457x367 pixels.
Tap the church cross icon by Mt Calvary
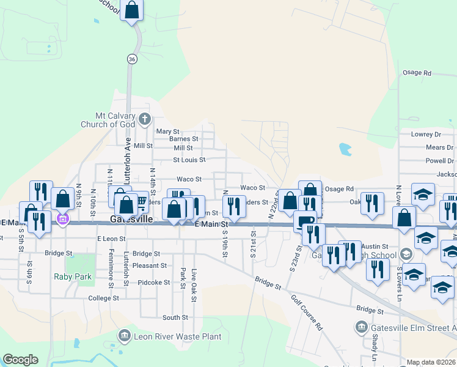[144, 118]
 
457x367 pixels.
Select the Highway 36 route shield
[132, 59]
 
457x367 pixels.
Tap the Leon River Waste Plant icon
[125, 335]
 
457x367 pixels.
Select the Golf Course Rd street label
[306, 312]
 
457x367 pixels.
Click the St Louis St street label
[189, 160]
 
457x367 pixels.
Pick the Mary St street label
[167, 132]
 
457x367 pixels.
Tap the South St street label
[175, 317]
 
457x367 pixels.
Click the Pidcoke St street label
[153, 283]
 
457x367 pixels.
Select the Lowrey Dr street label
[426, 134]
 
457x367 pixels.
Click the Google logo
[20, 360]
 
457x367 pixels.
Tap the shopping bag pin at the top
[131, 10]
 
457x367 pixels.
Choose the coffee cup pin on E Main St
[305, 220]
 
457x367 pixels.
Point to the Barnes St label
[181, 139]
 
